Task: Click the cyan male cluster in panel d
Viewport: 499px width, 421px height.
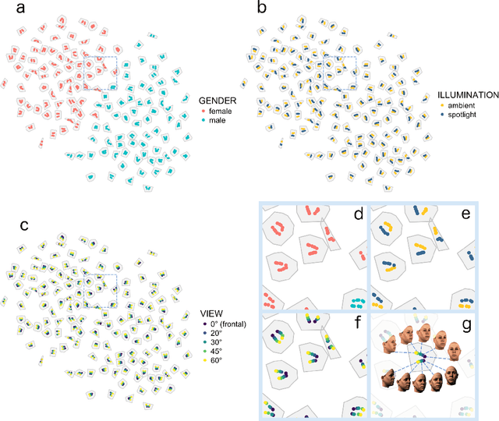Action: (x=358, y=300)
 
